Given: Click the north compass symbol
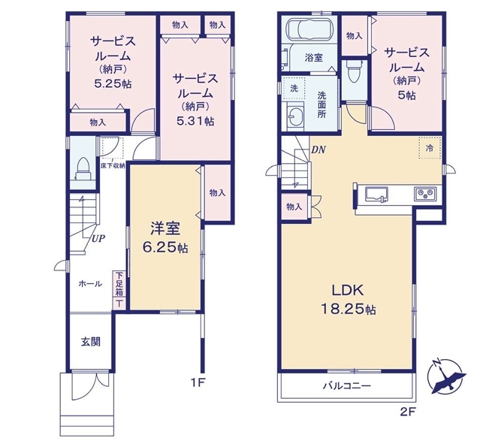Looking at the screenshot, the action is tap(447, 377).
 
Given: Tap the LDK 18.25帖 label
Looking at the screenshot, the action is tap(348, 300).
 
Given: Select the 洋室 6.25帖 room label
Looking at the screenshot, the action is tap(165, 237).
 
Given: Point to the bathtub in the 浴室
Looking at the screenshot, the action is tap(310, 30).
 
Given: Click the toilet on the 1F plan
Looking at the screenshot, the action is tap(84, 169).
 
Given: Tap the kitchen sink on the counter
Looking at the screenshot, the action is tap(377, 195).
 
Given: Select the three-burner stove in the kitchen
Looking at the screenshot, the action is tap(425, 194).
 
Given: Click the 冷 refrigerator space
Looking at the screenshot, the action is tap(430, 147).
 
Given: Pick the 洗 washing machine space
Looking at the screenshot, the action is tap(294, 88).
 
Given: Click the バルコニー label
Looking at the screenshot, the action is tap(347, 386).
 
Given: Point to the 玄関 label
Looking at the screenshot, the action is tap(91, 342).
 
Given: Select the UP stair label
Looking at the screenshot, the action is tap(98, 238).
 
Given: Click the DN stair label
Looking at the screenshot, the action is tap(318, 150).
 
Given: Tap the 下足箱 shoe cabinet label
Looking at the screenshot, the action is tap(119, 284).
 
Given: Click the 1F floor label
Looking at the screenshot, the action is tap(197, 382).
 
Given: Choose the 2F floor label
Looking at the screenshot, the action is tap(407, 412).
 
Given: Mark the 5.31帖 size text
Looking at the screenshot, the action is tap(195, 121).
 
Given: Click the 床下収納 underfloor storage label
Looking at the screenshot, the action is tap(113, 166).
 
